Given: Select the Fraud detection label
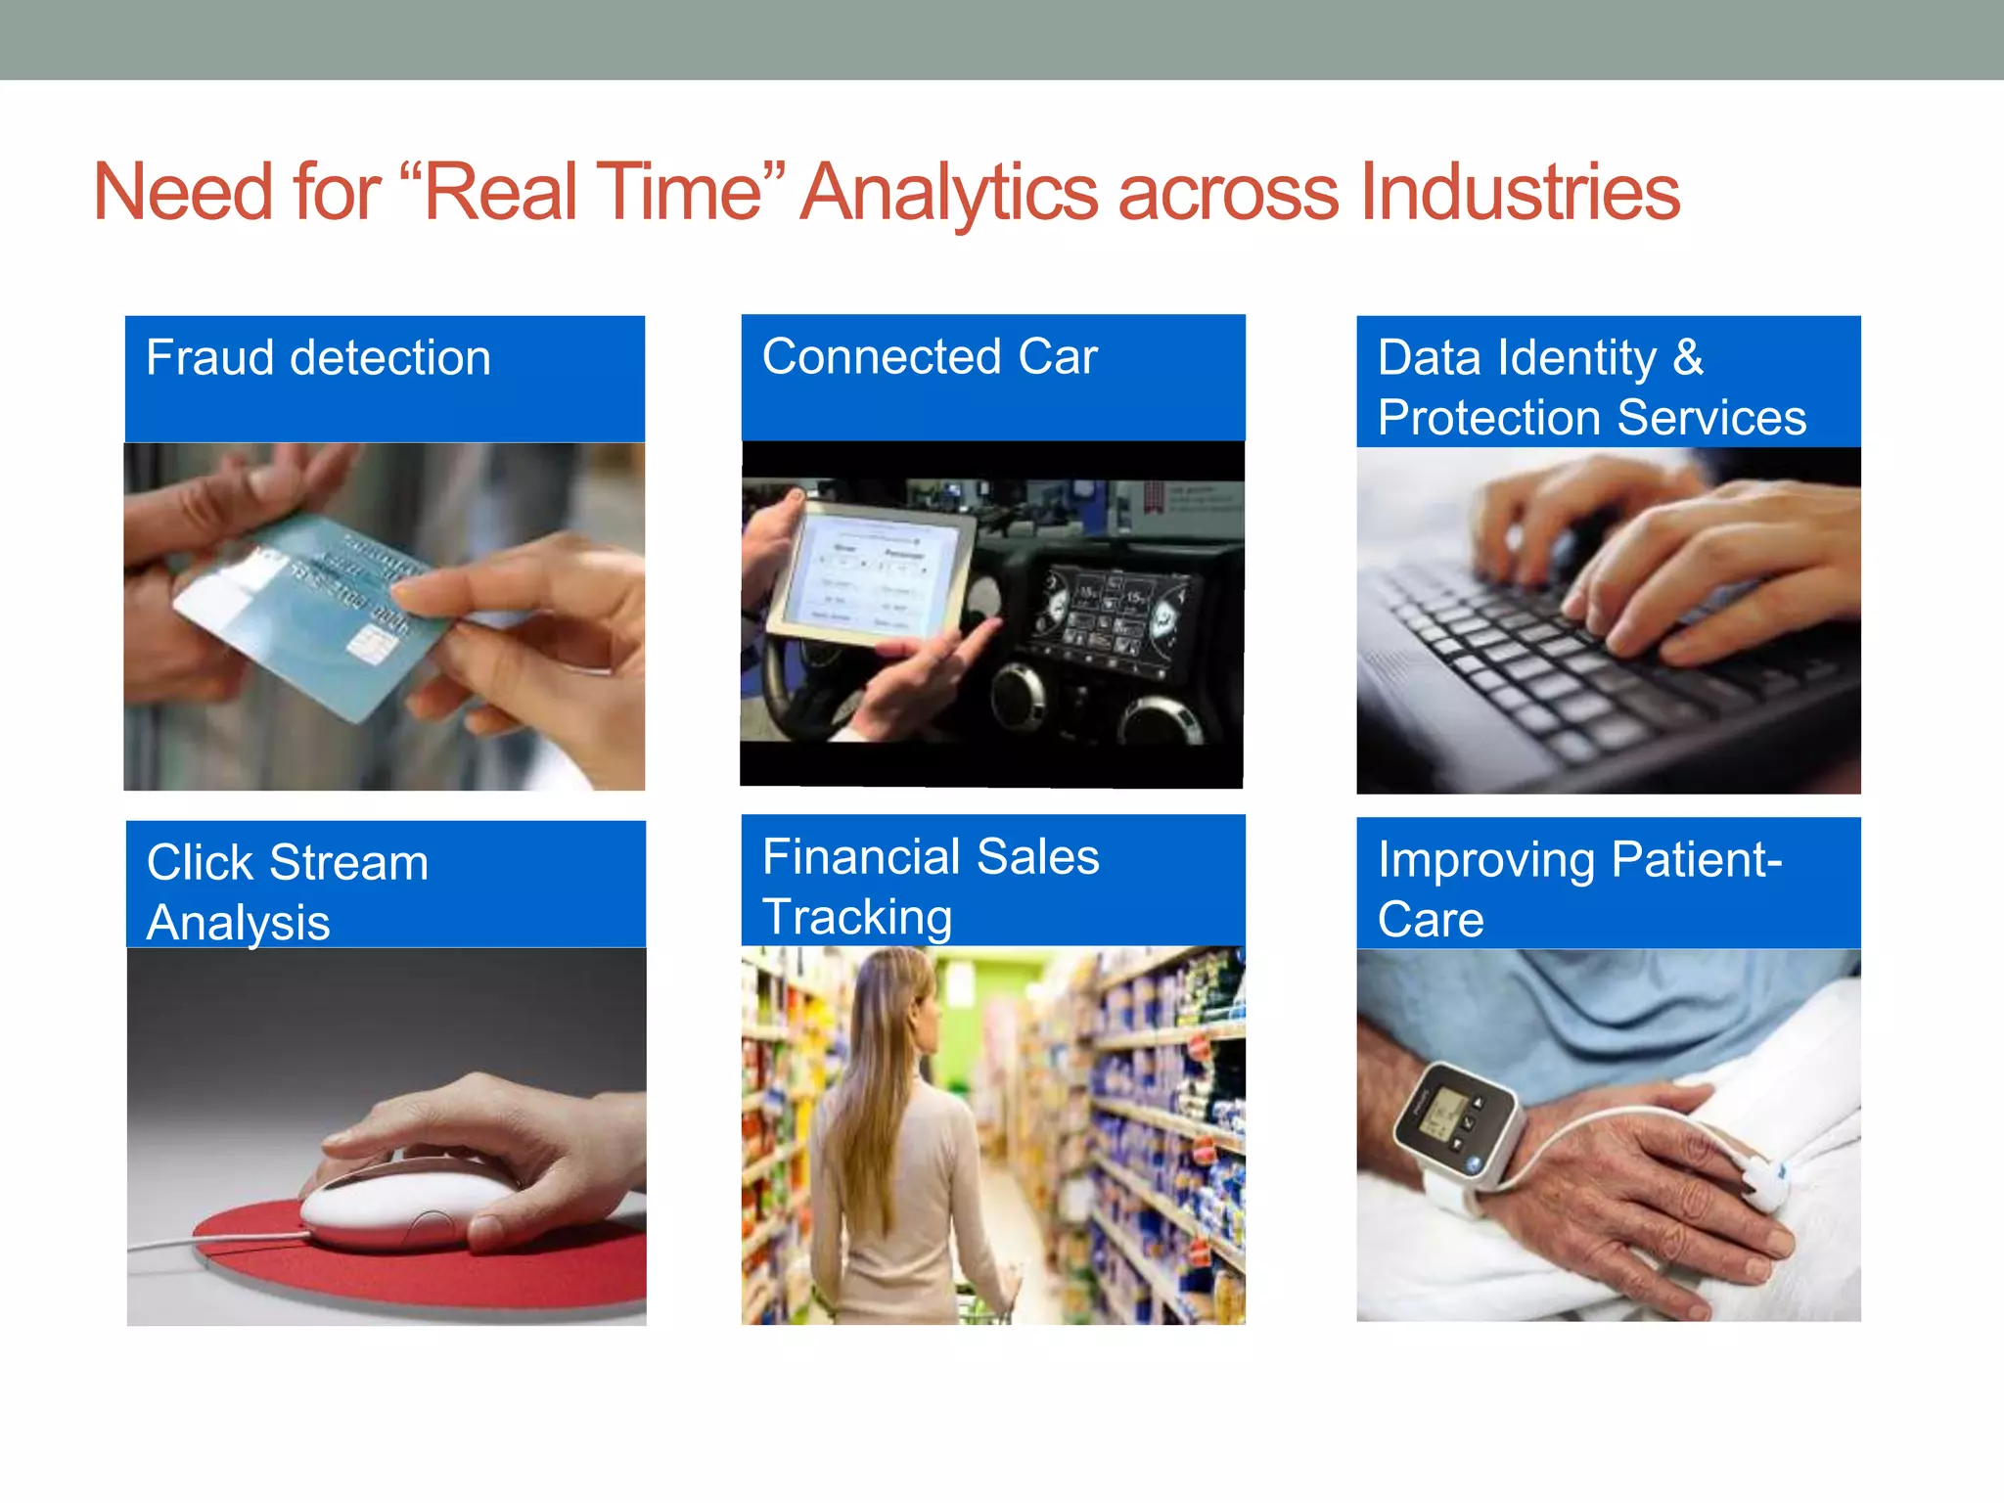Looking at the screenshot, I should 318,358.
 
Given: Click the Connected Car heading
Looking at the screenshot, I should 930,357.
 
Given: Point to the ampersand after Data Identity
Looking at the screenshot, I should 1688,357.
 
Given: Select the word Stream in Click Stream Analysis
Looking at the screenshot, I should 348,864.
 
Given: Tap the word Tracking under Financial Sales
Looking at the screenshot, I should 857,918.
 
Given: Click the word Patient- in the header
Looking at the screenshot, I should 1696,861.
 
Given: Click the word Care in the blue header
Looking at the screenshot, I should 1431,921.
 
